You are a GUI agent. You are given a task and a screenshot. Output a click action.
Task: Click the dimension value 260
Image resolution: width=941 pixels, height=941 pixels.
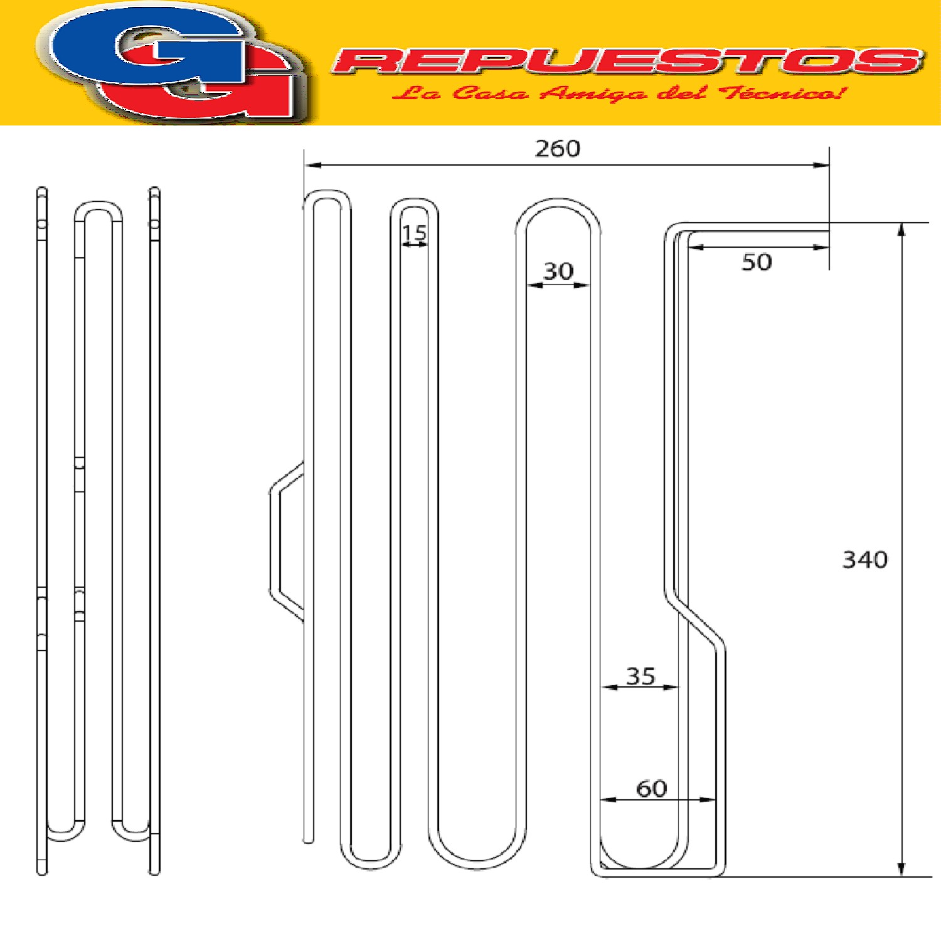point(558,149)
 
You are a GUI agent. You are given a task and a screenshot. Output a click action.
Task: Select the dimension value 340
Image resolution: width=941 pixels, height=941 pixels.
point(865,560)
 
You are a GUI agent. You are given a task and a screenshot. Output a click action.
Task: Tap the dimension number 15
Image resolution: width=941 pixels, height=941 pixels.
point(414,233)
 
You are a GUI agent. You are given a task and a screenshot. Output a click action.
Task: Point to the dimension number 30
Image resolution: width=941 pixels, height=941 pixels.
point(558,271)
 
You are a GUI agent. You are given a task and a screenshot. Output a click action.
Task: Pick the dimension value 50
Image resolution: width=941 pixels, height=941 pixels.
point(757,262)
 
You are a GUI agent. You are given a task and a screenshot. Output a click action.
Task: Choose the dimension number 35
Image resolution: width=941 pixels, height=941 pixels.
point(641,676)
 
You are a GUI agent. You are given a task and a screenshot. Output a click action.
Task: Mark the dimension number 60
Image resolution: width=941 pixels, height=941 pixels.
point(652,789)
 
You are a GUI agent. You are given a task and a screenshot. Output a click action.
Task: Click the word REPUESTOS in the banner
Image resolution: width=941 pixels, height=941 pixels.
point(628,61)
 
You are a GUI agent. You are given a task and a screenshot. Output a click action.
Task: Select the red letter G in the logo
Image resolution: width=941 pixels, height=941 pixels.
point(207,88)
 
